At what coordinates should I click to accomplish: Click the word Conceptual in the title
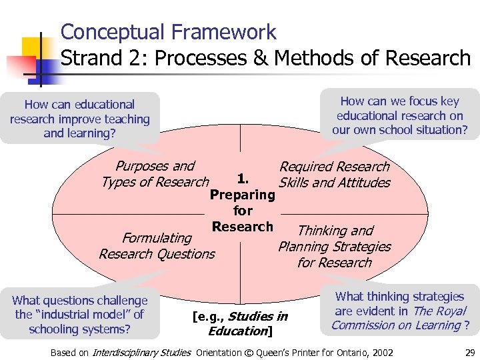click(109, 32)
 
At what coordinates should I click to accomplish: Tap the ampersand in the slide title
click(258, 58)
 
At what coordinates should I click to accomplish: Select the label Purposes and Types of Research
click(155, 174)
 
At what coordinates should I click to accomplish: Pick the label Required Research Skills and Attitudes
click(334, 175)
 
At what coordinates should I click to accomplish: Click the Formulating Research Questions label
click(157, 246)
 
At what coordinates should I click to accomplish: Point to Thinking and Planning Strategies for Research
click(335, 247)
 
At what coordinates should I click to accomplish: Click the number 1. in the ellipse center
click(243, 179)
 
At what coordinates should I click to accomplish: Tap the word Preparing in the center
click(242, 195)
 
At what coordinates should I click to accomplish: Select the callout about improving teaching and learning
click(80, 119)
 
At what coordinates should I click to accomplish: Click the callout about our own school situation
click(400, 115)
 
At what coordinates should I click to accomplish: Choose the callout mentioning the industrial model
click(80, 315)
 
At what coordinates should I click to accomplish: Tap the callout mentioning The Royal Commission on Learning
click(400, 311)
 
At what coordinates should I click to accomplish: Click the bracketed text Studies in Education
click(240, 324)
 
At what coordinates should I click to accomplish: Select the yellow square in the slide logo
click(31, 47)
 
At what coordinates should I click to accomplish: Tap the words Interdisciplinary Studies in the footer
click(141, 352)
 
